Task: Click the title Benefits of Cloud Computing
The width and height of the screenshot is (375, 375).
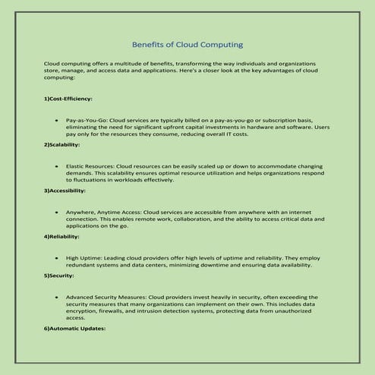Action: click(x=187, y=45)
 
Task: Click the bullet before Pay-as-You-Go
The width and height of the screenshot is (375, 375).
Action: click(x=58, y=121)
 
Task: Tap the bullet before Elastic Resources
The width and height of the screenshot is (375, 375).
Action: click(x=58, y=165)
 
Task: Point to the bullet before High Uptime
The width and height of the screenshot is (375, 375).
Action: click(x=58, y=257)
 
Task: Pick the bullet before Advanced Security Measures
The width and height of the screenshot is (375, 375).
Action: click(x=58, y=297)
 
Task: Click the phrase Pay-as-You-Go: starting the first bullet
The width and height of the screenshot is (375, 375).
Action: click(x=87, y=121)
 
